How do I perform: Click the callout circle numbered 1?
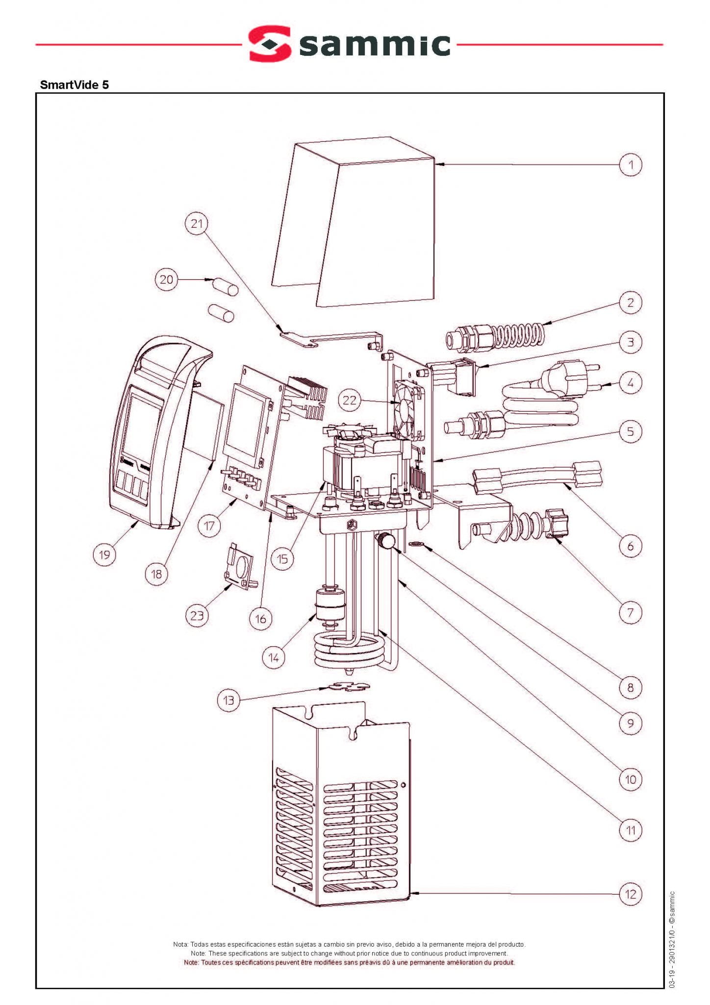coord(631,165)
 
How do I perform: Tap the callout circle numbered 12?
coord(631,894)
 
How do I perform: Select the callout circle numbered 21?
coord(197,224)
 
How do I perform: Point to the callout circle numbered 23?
coord(197,615)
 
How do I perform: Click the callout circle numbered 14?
coord(274,658)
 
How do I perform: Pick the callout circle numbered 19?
coord(104,555)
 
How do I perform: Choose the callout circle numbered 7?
coord(631,612)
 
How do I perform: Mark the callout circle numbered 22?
coord(349,400)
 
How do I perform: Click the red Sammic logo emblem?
coord(269,44)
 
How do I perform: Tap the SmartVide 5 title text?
coord(75,85)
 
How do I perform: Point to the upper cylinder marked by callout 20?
coord(225,287)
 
